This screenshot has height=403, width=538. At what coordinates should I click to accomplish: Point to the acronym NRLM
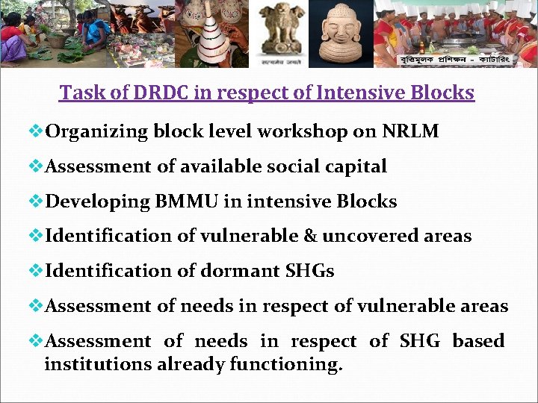[x=410, y=132]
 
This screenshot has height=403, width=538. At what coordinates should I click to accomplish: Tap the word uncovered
[x=371, y=236]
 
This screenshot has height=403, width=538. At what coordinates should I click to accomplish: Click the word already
[x=190, y=365]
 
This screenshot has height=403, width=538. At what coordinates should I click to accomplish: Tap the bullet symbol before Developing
[x=37, y=201]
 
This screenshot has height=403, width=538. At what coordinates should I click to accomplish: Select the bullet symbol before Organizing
[x=37, y=132]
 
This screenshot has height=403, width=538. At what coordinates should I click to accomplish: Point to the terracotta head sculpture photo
[x=341, y=34]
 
